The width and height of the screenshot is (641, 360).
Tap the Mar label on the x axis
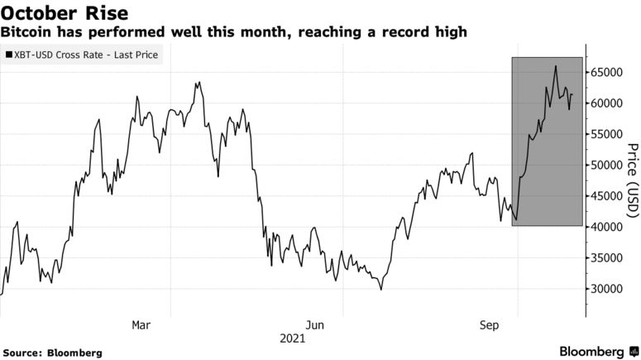tap(141, 324)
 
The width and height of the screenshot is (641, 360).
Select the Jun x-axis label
tap(314, 324)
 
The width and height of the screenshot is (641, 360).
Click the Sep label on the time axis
tap(489, 324)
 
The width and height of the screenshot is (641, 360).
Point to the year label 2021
tap(292, 338)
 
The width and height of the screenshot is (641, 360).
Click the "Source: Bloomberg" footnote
tap(52, 353)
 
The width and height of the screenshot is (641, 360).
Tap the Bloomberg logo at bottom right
tap(592, 352)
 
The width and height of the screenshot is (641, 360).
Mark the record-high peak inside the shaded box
tap(555, 66)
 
